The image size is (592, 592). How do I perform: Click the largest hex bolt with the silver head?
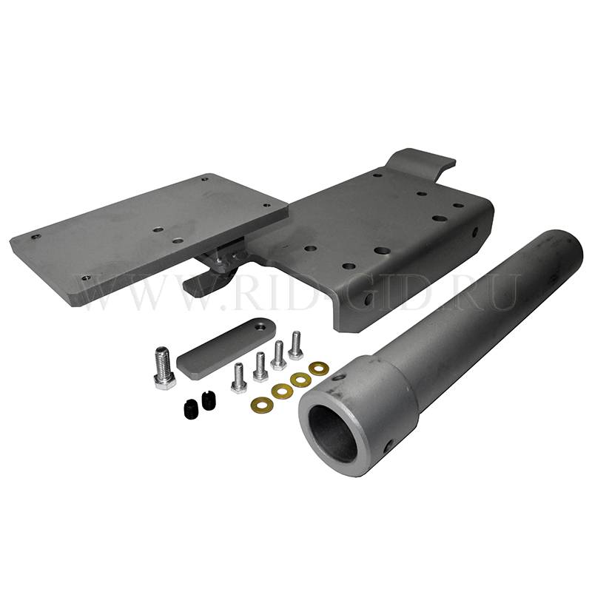pos(164,368)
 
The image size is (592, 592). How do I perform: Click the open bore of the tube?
pos(332,434)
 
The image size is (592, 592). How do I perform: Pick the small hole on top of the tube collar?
pos(340,377)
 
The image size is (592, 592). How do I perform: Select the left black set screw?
pos(190,407)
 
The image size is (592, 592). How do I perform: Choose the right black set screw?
pos(209,400)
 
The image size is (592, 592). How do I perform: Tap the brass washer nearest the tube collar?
pos(318,368)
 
